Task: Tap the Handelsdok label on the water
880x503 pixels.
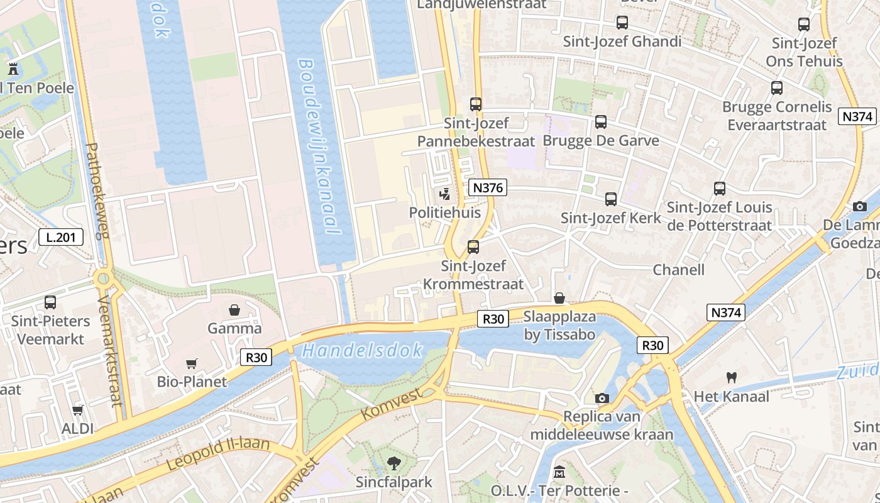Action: coord(362,351)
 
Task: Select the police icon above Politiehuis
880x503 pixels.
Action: coord(445,194)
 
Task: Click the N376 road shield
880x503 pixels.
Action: coord(487,187)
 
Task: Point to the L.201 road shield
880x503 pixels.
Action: coord(61,237)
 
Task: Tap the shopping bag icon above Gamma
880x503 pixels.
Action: coord(234,310)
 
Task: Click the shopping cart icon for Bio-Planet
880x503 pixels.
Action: coord(192,363)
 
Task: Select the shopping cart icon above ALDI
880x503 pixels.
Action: coord(77,411)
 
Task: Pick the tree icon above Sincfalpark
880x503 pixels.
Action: coord(394,463)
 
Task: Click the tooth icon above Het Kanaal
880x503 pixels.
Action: coord(731,378)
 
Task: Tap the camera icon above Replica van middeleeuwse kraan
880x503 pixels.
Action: coord(602,398)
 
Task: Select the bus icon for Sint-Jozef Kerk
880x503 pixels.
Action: coord(610,199)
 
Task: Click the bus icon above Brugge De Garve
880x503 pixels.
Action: coord(601,121)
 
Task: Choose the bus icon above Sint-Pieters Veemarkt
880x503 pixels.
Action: coord(50,302)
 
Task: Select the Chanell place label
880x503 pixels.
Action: coord(678,270)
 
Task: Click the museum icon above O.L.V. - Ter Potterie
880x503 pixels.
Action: coord(559,472)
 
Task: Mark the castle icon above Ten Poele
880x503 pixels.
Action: coord(13,69)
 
